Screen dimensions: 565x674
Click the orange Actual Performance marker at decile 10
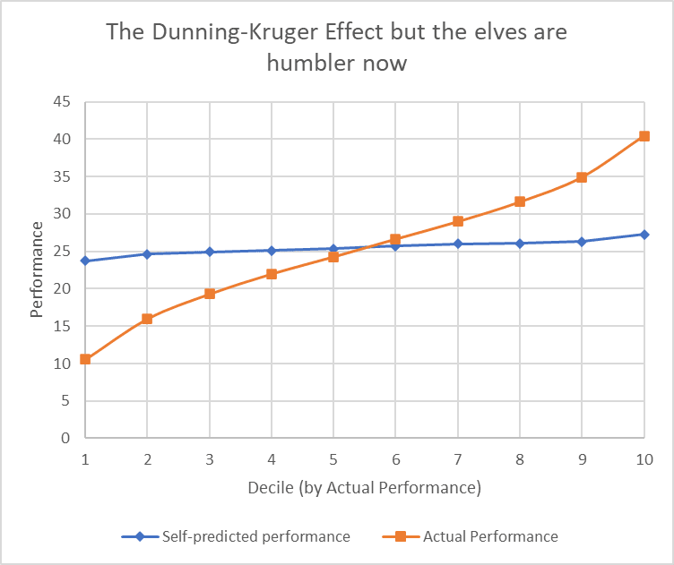point(644,136)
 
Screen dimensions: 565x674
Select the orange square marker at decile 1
point(85,359)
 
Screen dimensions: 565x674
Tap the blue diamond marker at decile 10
point(644,235)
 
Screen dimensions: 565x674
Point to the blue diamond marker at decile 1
point(85,261)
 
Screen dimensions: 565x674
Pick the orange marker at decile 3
point(210,294)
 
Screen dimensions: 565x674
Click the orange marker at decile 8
point(520,201)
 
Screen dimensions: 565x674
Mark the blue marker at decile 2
point(147,254)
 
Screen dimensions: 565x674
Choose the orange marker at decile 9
point(582,177)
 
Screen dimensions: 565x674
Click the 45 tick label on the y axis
point(61,102)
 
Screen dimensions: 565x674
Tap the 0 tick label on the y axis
point(65,438)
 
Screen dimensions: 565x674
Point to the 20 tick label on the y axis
point(61,288)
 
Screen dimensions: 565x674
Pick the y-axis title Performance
point(37,270)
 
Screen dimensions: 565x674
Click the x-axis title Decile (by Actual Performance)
point(364,488)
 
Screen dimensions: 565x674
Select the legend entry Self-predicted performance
point(255,536)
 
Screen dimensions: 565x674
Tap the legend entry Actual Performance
point(490,536)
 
